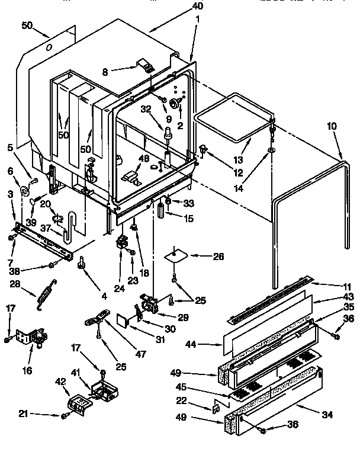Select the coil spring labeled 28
[43, 294]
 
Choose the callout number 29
[183, 318]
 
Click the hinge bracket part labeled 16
[35, 338]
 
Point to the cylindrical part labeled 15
[160, 211]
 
